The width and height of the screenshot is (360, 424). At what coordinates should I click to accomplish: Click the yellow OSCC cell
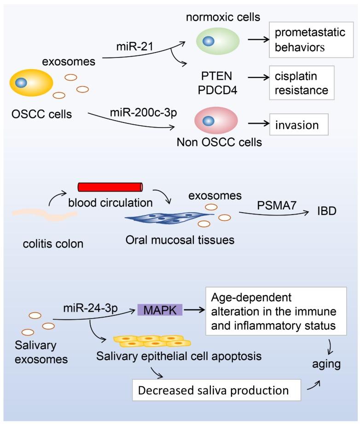pyautogui.click(x=32, y=83)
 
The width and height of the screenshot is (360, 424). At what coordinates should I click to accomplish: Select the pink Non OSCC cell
pyautogui.click(x=216, y=121)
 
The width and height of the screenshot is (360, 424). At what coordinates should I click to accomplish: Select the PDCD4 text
pyautogui.click(x=215, y=90)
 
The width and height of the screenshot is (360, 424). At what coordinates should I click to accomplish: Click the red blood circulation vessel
pyautogui.click(x=110, y=186)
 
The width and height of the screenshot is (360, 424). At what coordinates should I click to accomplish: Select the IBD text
pyautogui.click(x=326, y=211)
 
